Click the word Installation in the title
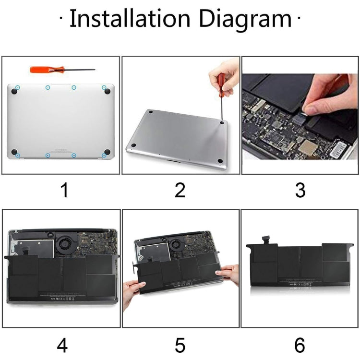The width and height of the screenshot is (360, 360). coord(131,19)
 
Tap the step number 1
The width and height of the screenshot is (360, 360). coord(64,191)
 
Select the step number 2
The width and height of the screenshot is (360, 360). coord(180,191)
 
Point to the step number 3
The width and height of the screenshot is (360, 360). coord(300,191)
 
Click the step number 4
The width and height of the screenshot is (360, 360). coord(62,345)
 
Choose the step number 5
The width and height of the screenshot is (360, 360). coord(180,345)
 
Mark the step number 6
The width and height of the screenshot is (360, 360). coord(300,345)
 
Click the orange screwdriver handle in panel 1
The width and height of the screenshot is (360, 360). coord(41,70)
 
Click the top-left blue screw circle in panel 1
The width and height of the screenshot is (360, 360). coord(17,87)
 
